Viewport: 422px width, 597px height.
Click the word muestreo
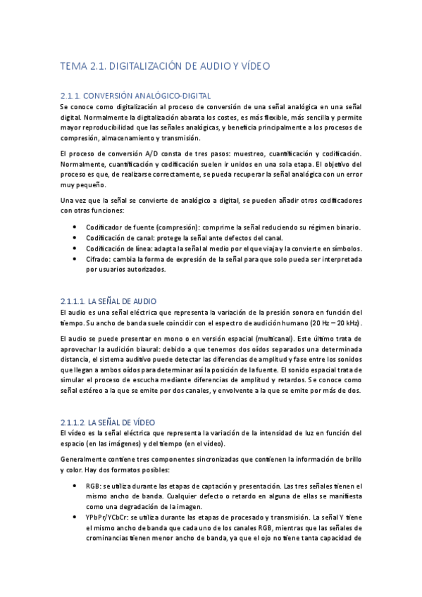235,153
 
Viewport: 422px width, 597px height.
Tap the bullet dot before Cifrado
75,259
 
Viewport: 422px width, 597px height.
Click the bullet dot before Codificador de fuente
75,227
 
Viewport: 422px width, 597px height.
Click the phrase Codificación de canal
118,238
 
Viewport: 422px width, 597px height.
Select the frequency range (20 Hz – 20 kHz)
328,322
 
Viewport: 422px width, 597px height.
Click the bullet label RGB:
93,486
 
